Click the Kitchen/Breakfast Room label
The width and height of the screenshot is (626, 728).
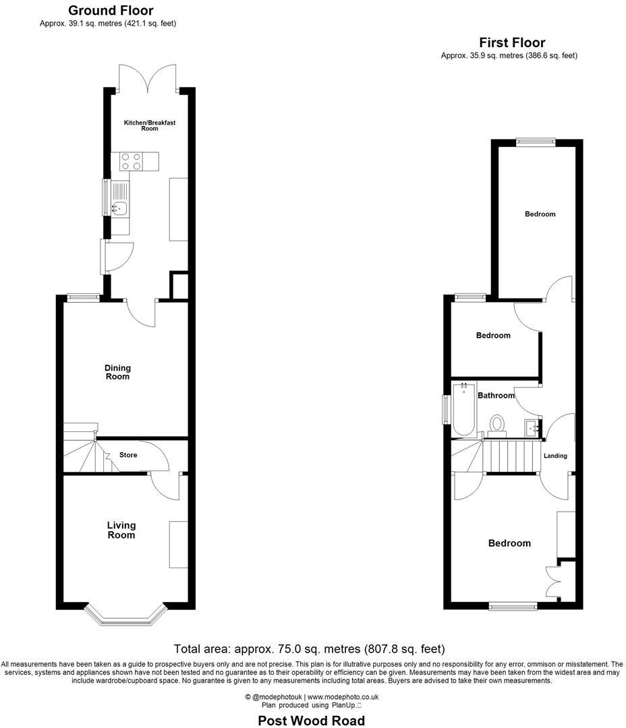140,125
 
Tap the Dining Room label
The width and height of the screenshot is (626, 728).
117,372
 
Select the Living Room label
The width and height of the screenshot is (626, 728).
121,530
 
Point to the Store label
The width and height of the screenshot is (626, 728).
128,455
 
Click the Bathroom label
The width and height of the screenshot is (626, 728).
496,396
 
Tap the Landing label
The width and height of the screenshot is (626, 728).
555,456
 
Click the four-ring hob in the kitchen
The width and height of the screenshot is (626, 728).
131,160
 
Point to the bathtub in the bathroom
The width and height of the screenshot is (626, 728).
463,410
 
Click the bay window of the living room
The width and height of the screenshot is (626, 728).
125,614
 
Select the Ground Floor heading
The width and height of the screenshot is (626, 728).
111,11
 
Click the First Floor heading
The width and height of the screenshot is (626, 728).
512,42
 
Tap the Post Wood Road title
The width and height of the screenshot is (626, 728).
312,721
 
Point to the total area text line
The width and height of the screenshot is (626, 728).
310,649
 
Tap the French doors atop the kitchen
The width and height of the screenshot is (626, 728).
148,79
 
